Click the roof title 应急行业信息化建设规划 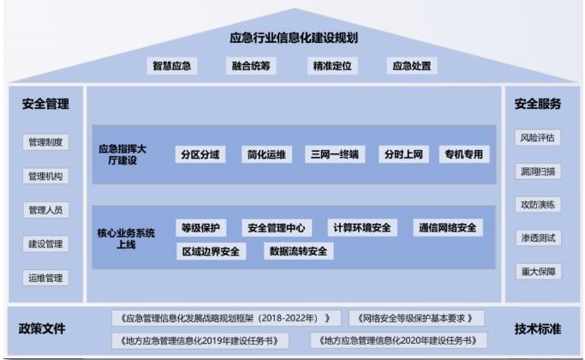pos(294,38)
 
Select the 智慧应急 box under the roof pos(171,66)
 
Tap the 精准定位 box pos(332,66)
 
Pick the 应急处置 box pos(411,66)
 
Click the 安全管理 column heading pos(45,104)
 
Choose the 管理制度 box pos(45,142)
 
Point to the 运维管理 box pos(45,278)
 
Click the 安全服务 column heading pos(538,104)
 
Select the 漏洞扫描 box pos(538,171)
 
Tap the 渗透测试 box pos(538,238)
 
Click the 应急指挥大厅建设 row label pos(122,154)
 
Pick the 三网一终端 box pos(335,154)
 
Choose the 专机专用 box pos(463,154)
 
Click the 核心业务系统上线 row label pos(126,238)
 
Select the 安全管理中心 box pos(277,228)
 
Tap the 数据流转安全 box pos(298,251)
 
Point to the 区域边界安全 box pos(211,251)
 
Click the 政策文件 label pos(42,328)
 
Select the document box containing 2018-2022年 pos(226,318)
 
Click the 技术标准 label pos(538,328)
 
